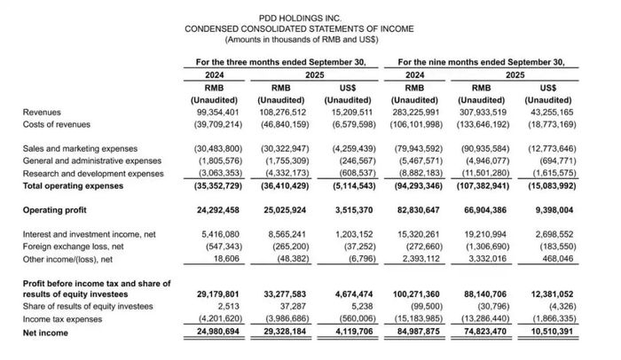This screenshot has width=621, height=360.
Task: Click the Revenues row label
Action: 43,113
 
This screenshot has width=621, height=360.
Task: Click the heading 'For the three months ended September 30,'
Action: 280,62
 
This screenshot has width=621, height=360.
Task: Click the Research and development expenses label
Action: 93,175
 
